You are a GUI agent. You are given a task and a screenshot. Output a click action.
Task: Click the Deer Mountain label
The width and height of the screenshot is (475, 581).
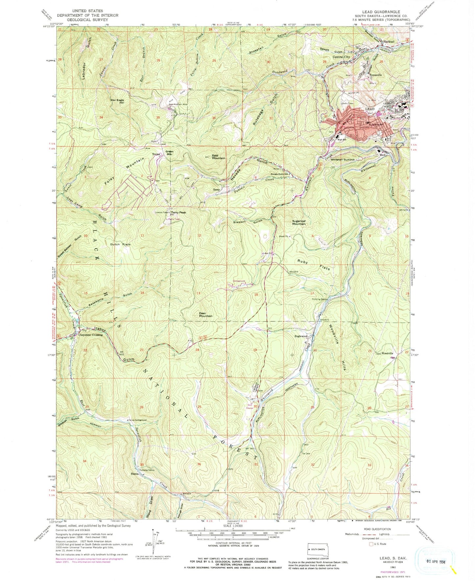206,315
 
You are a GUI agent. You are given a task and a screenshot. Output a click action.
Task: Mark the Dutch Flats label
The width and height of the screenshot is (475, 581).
120,245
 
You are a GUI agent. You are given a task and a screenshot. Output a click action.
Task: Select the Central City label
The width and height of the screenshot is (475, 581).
342,57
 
